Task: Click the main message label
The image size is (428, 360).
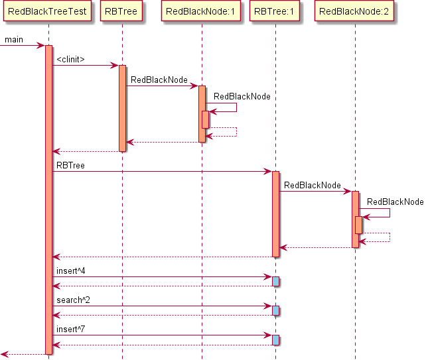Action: [14, 40]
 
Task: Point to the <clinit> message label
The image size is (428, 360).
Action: [70, 60]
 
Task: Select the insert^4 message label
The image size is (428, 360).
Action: [71, 271]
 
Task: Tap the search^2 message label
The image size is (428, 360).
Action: [73, 300]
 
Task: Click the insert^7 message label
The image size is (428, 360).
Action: [71, 330]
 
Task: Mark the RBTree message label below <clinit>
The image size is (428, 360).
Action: [70, 165]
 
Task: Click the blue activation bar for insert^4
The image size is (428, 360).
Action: [275, 282]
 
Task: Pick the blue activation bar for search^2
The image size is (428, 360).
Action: [275, 311]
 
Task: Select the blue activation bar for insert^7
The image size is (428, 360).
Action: [275, 340]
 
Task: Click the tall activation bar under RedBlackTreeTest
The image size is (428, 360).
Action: [48, 199]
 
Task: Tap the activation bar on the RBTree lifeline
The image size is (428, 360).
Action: [122, 108]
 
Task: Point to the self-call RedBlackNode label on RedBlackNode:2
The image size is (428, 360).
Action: [395, 202]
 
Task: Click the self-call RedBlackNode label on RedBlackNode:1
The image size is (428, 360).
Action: [242, 96]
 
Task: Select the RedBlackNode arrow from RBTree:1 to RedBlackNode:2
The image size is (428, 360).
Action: [315, 191]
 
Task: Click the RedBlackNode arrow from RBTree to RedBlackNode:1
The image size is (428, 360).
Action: [162, 86]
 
